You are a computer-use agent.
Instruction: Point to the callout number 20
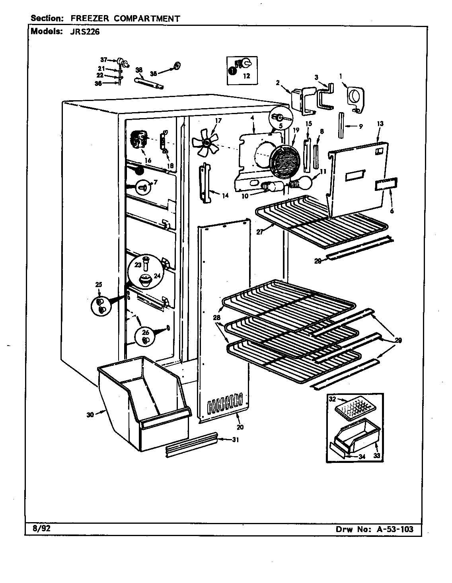pos(240,428)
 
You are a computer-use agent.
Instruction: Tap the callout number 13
pos(380,124)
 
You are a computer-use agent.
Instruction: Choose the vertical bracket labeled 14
pos(205,183)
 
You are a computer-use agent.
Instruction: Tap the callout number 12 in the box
pos(247,76)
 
